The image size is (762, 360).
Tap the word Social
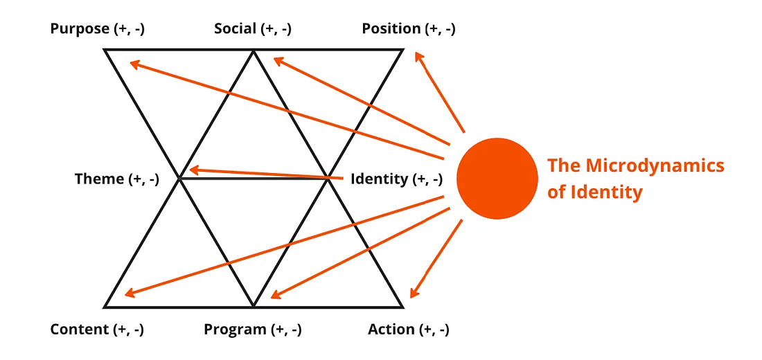[x=236, y=29]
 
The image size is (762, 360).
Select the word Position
[x=391, y=29]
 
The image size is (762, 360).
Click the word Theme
[x=99, y=179]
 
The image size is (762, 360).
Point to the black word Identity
[x=379, y=179]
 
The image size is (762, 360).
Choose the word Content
[x=79, y=330]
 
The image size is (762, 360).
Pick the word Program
[x=235, y=330]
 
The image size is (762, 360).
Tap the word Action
[x=391, y=330]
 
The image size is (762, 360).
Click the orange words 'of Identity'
[x=594, y=192]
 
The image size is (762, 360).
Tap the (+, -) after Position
[x=440, y=29]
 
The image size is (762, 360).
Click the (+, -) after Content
[x=128, y=330]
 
